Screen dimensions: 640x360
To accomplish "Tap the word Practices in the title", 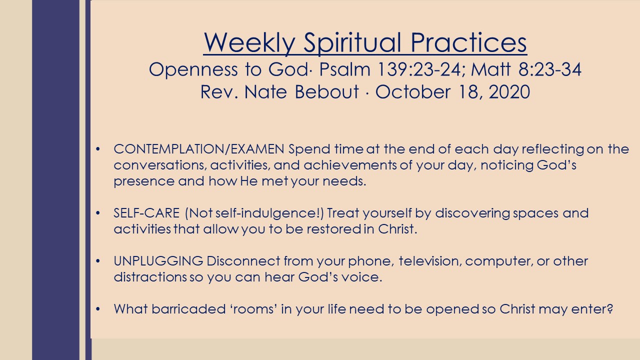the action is click(468, 42).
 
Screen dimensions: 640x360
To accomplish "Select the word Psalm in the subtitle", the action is click(345, 69).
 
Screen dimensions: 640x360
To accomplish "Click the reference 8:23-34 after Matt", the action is click(549, 69).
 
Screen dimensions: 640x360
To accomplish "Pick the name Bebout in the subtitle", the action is click(326, 91).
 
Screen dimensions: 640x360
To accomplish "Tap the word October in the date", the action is click(412, 91).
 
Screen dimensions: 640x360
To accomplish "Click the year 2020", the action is click(509, 91).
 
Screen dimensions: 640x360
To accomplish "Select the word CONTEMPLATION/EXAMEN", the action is click(199, 149).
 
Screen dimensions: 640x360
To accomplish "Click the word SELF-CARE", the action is click(146, 213).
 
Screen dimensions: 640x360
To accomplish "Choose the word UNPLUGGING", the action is click(158, 261).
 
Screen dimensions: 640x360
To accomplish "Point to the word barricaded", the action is click(188, 309).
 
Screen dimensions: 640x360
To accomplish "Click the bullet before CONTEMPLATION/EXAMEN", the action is click(98, 149).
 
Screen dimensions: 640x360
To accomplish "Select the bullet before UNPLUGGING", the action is click(98, 261).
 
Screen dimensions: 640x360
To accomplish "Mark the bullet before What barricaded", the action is click(98, 309).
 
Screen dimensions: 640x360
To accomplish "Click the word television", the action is click(430, 261).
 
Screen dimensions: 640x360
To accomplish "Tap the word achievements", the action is click(349, 165).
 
